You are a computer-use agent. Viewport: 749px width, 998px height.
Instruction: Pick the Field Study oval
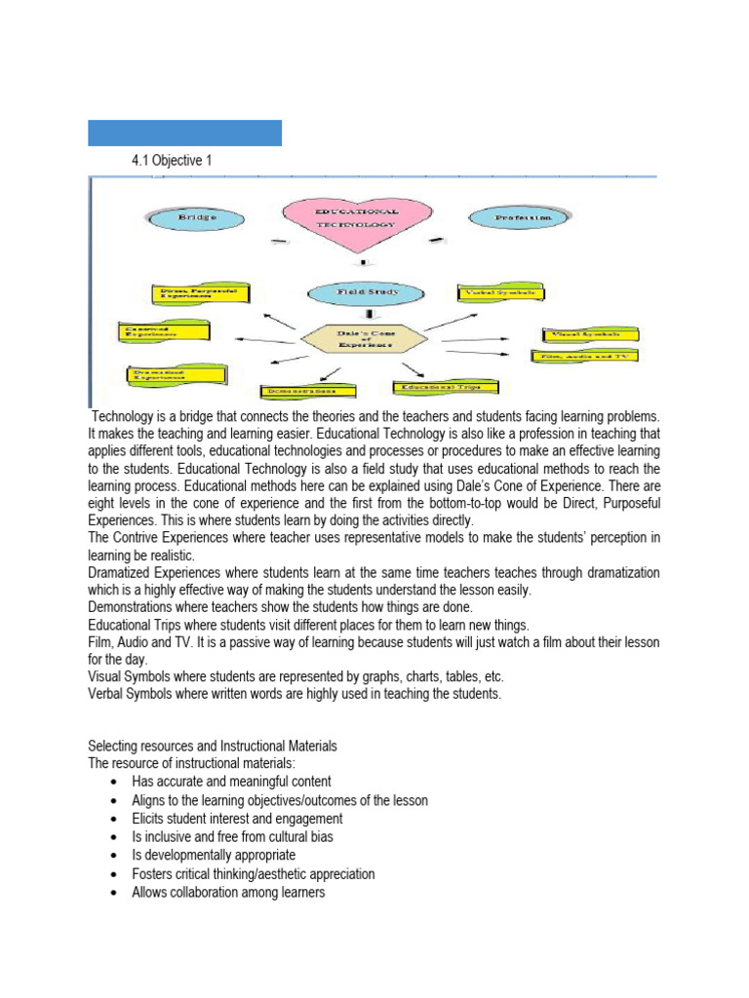click(x=367, y=292)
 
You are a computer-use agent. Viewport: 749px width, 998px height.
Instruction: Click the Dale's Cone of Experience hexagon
click(x=364, y=338)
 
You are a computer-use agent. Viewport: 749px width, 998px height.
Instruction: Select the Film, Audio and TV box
click(x=584, y=357)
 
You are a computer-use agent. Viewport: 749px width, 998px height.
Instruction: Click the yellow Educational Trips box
click(x=444, y=388)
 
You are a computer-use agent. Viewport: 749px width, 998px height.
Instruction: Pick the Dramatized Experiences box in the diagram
click(x=177, y=373)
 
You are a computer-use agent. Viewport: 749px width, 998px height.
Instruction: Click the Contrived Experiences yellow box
click(x=162, y=332)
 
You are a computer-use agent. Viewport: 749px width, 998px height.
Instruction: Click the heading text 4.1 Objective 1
click(x=171, y=161)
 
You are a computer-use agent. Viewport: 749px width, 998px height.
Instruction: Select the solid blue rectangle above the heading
click(x=184, y=133)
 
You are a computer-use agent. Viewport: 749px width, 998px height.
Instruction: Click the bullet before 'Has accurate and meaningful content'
click(x=116, y=782)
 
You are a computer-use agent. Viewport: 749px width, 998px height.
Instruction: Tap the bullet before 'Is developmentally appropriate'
click(x=116, y=856)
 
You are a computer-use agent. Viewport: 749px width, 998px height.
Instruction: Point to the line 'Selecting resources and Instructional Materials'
click(x=213, y=746)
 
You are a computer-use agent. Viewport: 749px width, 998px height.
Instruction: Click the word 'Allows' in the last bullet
click(x=149, y=893)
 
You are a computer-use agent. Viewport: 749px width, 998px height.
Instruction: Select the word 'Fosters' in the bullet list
click(x=152, y=874)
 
